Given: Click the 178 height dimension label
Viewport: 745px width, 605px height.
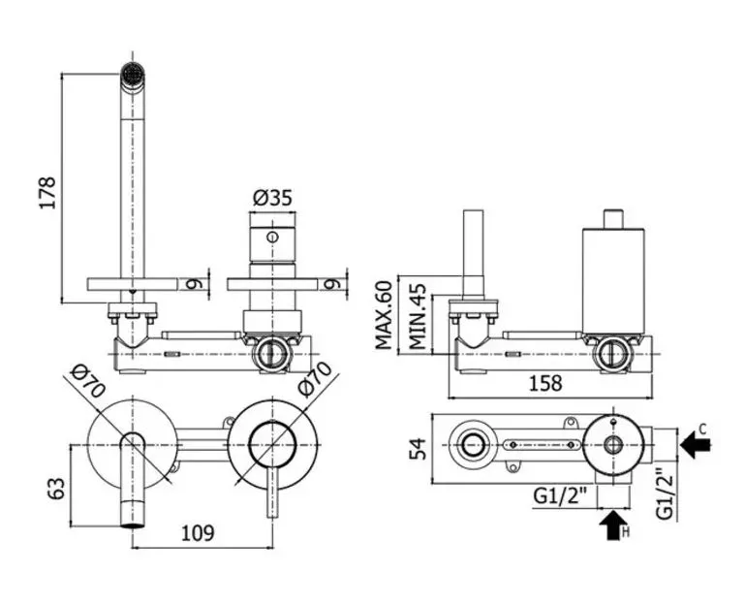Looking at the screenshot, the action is tap(47, 193).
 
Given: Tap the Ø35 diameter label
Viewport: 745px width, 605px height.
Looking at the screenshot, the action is tap(272, 198).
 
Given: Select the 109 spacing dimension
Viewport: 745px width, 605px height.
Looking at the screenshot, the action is tap(199, 532).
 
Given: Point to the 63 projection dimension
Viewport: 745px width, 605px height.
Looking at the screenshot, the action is tap(56, 488).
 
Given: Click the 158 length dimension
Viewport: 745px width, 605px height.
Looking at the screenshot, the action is tap(546, 383).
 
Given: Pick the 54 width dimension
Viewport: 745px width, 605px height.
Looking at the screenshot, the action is tap(418, 449).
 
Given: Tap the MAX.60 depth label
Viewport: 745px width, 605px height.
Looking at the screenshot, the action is tap(384, 315).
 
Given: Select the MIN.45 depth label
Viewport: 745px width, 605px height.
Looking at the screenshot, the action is tap(418, 317).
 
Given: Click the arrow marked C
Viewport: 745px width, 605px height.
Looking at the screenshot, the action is tap(696, 445).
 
